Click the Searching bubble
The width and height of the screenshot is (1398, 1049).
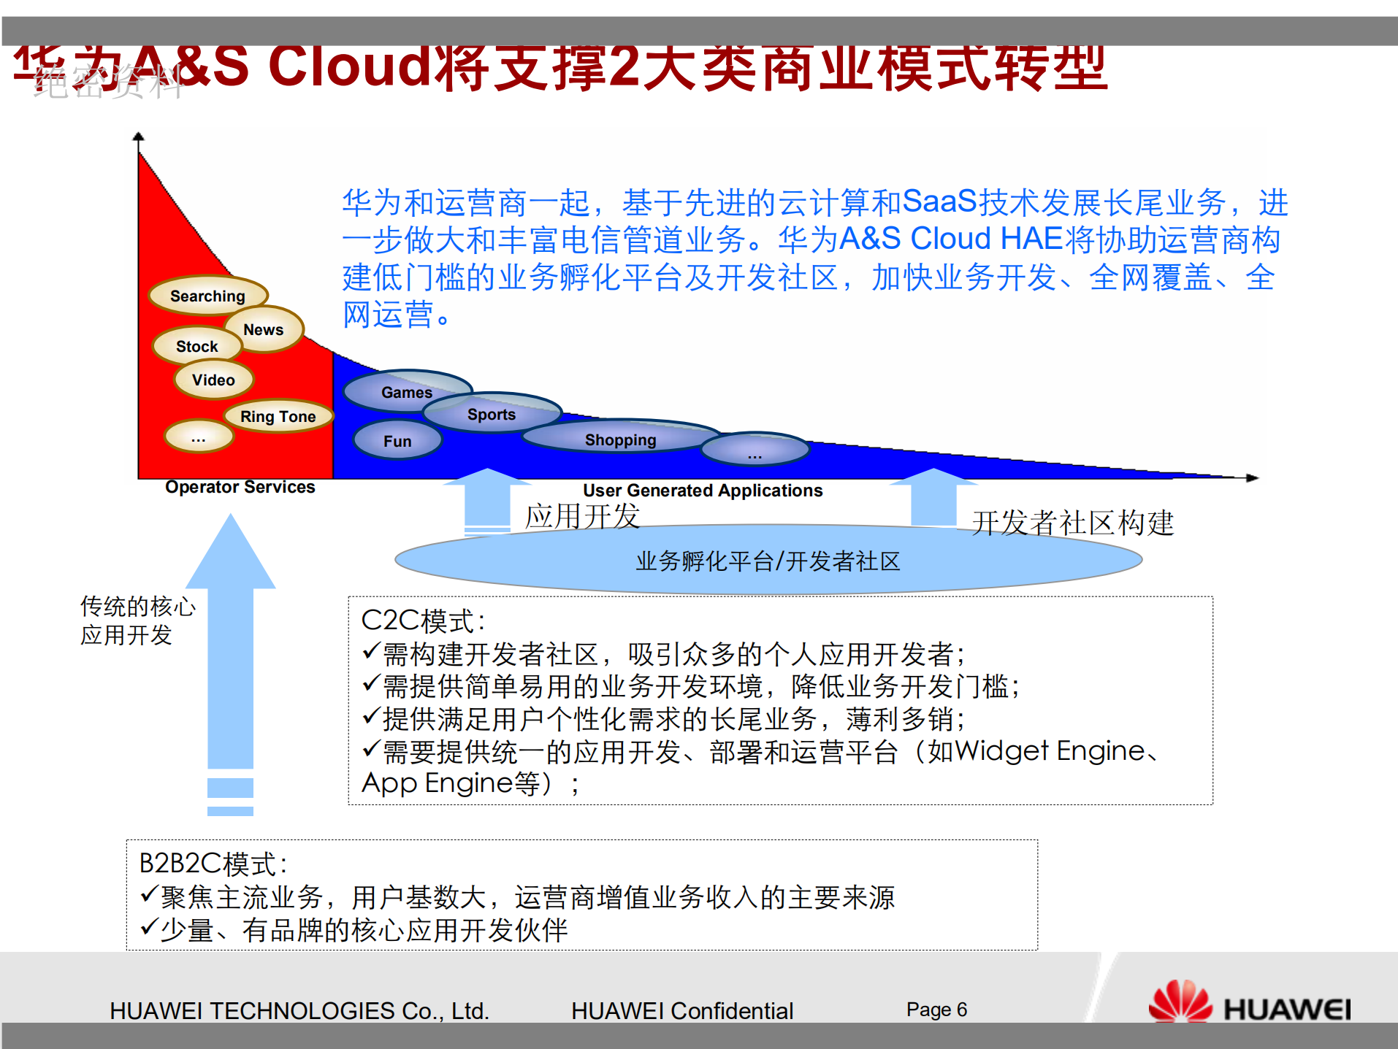[207, 296]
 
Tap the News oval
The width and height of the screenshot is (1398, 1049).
[264, 330]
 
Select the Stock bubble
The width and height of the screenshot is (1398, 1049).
[196, 347]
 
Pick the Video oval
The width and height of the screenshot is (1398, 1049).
[213, 380]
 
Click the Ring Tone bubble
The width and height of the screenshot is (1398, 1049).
[278, 417]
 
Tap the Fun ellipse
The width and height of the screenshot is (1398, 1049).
[397, 441]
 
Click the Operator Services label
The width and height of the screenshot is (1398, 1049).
[240, 487]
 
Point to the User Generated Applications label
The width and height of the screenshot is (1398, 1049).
[703, 491]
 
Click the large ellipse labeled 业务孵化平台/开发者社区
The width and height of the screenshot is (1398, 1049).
[768, 561]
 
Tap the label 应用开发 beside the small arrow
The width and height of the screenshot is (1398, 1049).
[582, 516]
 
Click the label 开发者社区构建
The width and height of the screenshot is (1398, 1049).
[1072, 523]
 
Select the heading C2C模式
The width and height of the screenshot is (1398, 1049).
[423, 621]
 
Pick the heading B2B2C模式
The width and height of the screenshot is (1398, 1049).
[213, 864]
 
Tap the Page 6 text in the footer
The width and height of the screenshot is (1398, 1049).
[936, 1010]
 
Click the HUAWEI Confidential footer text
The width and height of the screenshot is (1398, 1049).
[681, 1010]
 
